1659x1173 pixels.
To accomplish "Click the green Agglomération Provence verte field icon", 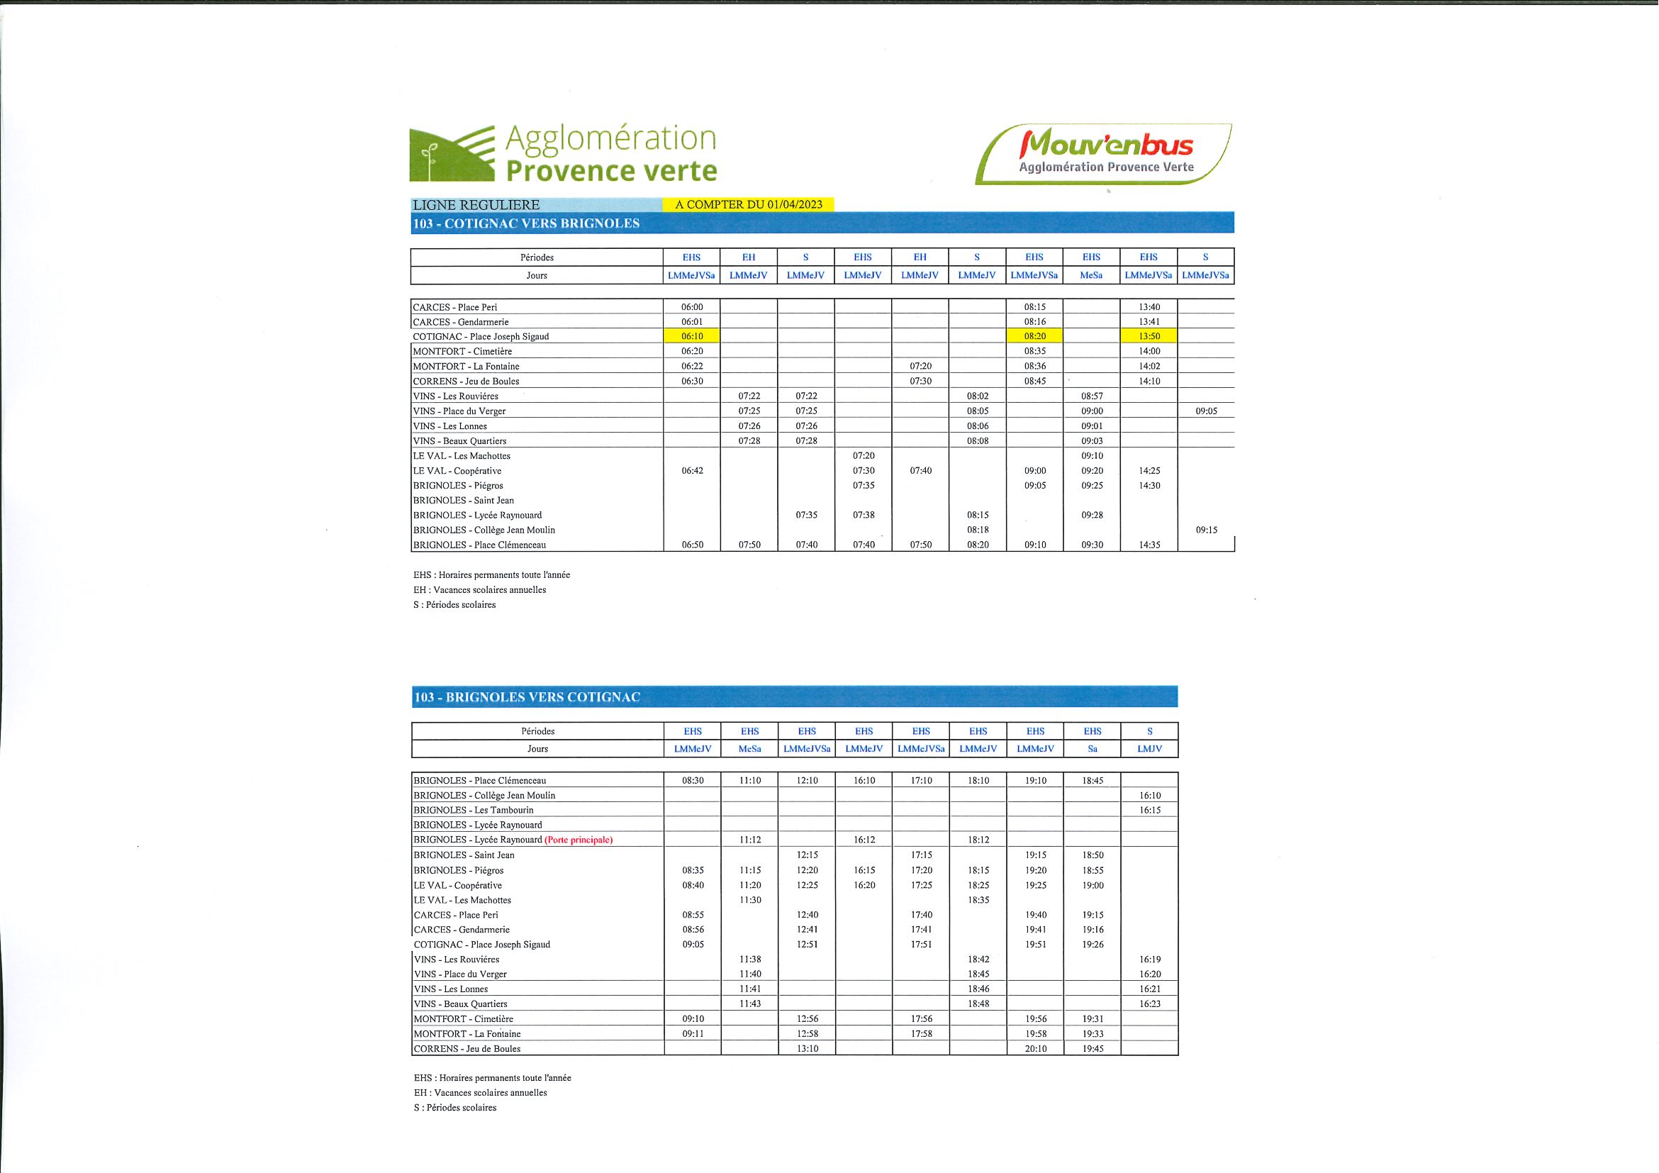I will pos(452,154).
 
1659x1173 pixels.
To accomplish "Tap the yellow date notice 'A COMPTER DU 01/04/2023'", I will pos(748,204).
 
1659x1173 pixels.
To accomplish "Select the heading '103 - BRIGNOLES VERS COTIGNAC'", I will pos(527,697).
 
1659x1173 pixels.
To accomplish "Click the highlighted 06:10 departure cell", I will pos(691,336).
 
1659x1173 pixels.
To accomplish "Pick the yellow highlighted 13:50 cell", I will pos(1148,336).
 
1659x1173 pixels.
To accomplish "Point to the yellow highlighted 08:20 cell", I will pos(1034,336).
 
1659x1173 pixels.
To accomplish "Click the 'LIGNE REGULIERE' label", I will pos(476,205).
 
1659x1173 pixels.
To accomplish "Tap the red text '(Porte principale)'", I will pos(578,840).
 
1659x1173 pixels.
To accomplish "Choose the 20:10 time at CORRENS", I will pos(1034,1049).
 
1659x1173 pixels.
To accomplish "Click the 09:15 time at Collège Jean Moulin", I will pos(1205,530).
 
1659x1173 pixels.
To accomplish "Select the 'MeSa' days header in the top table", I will pos(1091,275).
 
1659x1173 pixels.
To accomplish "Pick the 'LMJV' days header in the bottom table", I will pos(1149,749).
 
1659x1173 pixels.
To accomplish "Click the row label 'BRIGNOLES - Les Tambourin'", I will pos(474,810).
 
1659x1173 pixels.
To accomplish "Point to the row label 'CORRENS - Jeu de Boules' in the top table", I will pos(466,381).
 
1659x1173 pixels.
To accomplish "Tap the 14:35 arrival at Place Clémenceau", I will pos(1148,545).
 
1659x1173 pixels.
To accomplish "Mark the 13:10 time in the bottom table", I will pos(806,1049).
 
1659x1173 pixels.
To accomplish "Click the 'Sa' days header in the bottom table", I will pos(1092,749).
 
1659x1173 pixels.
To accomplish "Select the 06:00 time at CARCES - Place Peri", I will pos(691,307).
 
